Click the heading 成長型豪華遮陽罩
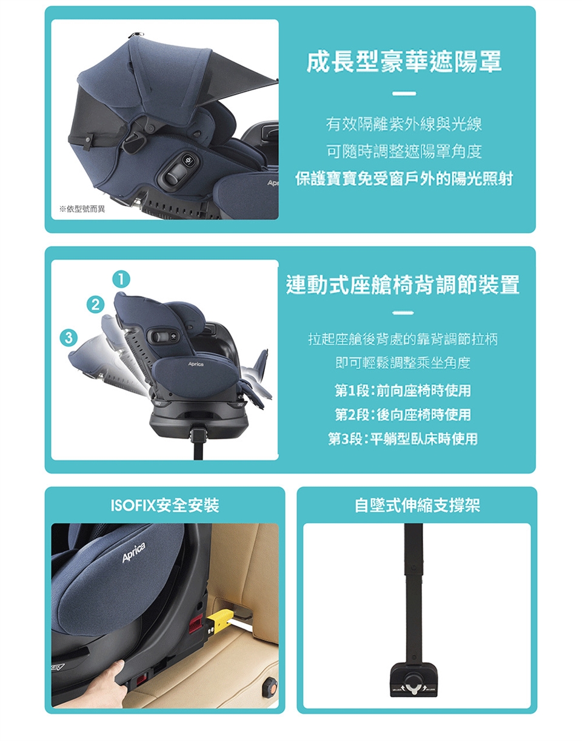(x=404, y=61)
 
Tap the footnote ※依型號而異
(x=82, y=209)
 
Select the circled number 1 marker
(x=121, y=279)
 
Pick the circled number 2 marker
(x=95, y=305)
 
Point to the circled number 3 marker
(x=69, y=337)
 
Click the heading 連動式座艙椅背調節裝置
(x=403, y=284)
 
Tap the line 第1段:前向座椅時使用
(x=403, y=390)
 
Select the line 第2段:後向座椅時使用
(x=403, y=414)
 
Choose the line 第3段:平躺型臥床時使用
(x=403, y=439)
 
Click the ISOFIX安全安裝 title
(x=165, y=505)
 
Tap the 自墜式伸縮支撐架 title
(x=417, y=505)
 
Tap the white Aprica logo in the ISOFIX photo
(x=134, y=553)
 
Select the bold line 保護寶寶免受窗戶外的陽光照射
(x=404, y=179)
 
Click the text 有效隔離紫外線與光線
(x=404, y=124)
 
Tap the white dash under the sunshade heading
(x=404, y=93)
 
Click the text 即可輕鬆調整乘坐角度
(x=403, y=363)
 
